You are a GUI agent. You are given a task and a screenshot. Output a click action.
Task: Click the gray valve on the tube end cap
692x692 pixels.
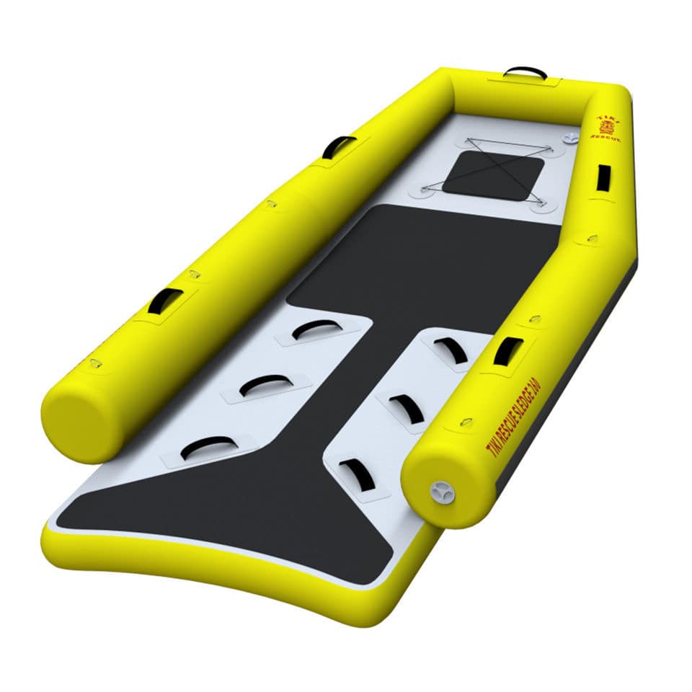click(x=442, y=492)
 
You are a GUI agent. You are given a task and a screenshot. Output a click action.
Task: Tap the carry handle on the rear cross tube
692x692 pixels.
click(x=525, y=72)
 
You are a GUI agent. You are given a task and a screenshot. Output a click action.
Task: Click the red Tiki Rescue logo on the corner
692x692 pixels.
click(x=606, y=126)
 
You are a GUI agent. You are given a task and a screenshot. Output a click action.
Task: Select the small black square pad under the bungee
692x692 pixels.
click(x=493, y=175)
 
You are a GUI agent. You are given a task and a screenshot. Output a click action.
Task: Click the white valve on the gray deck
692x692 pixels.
click(x=572, y=137)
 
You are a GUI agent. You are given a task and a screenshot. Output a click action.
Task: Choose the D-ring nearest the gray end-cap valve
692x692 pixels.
click(x=466, y=422)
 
